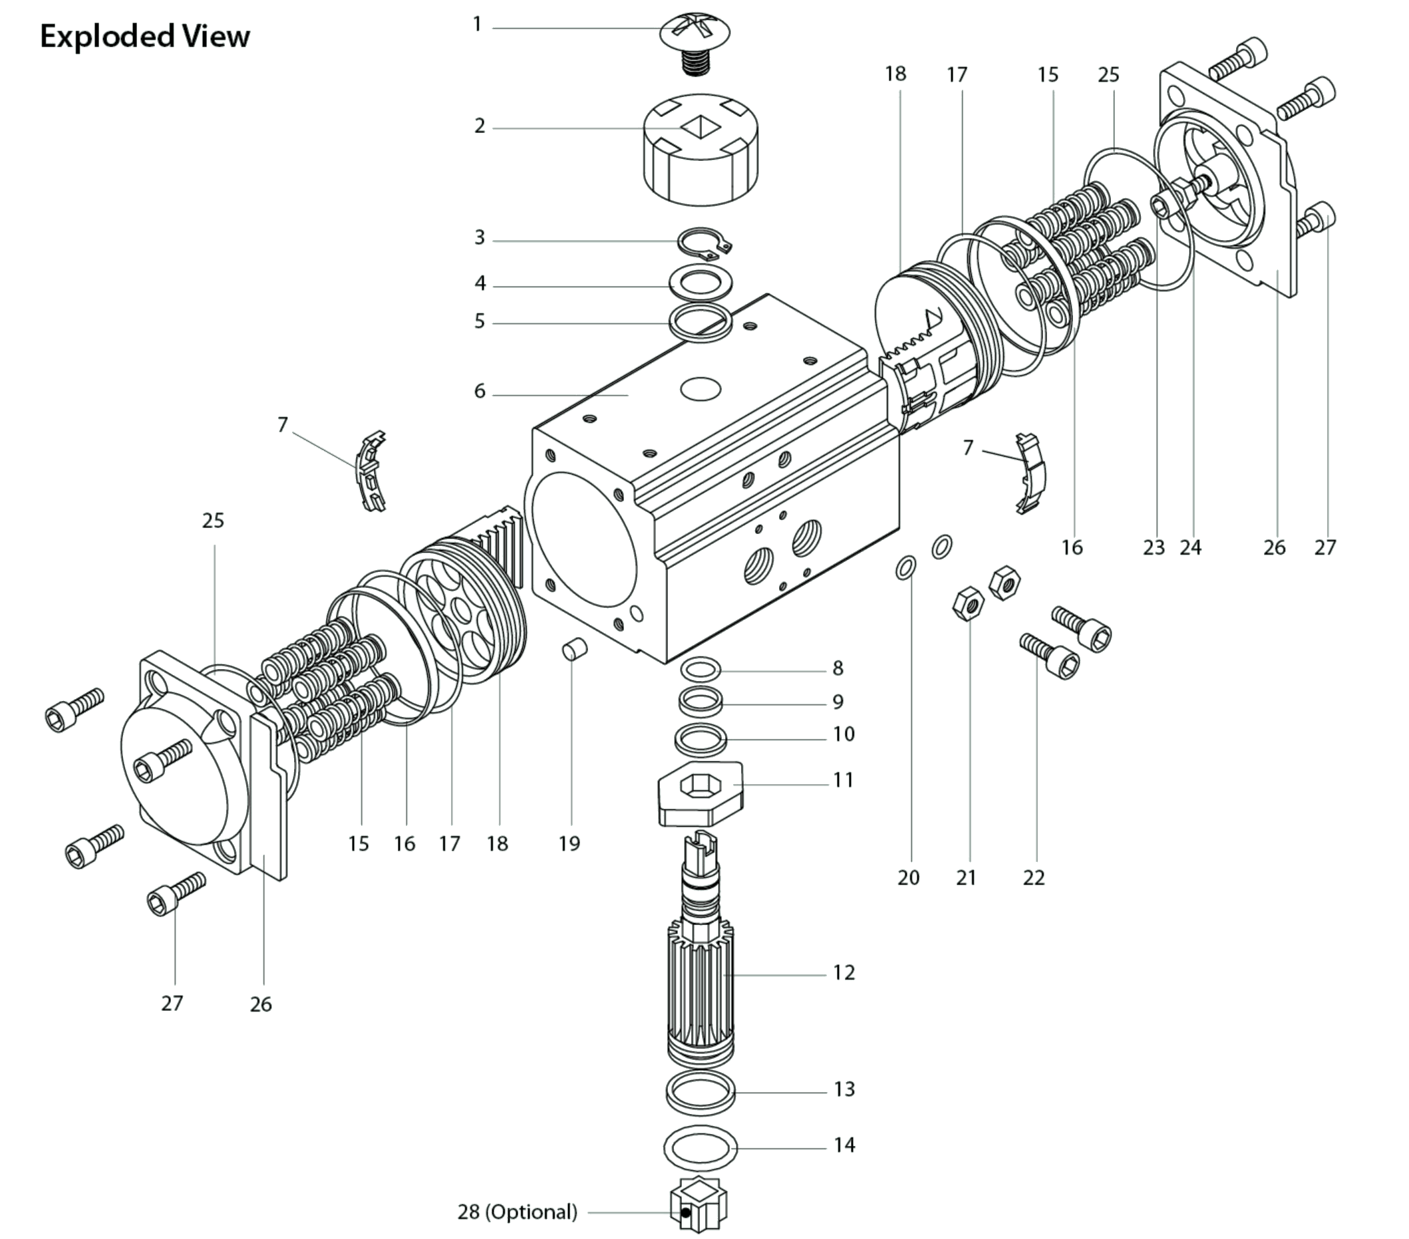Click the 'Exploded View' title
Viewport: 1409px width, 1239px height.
145,37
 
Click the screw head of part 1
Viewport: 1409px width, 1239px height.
695,31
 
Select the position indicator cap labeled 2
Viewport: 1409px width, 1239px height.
701,150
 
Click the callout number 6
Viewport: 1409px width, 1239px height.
480,392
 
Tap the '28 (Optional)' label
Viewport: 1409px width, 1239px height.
517,1212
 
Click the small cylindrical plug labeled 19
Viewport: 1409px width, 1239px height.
575,648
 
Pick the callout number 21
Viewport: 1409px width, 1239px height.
967,877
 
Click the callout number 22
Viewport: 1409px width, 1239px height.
1033,877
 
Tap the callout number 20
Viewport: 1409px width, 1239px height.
909,877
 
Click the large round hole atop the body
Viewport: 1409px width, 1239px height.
701,389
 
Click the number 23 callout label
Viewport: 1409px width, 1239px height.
1154,548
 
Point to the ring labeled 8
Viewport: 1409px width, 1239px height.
701,668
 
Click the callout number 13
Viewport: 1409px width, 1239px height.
844,1089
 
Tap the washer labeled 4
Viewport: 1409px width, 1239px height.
701,283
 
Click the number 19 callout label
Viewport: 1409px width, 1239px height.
569,843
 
